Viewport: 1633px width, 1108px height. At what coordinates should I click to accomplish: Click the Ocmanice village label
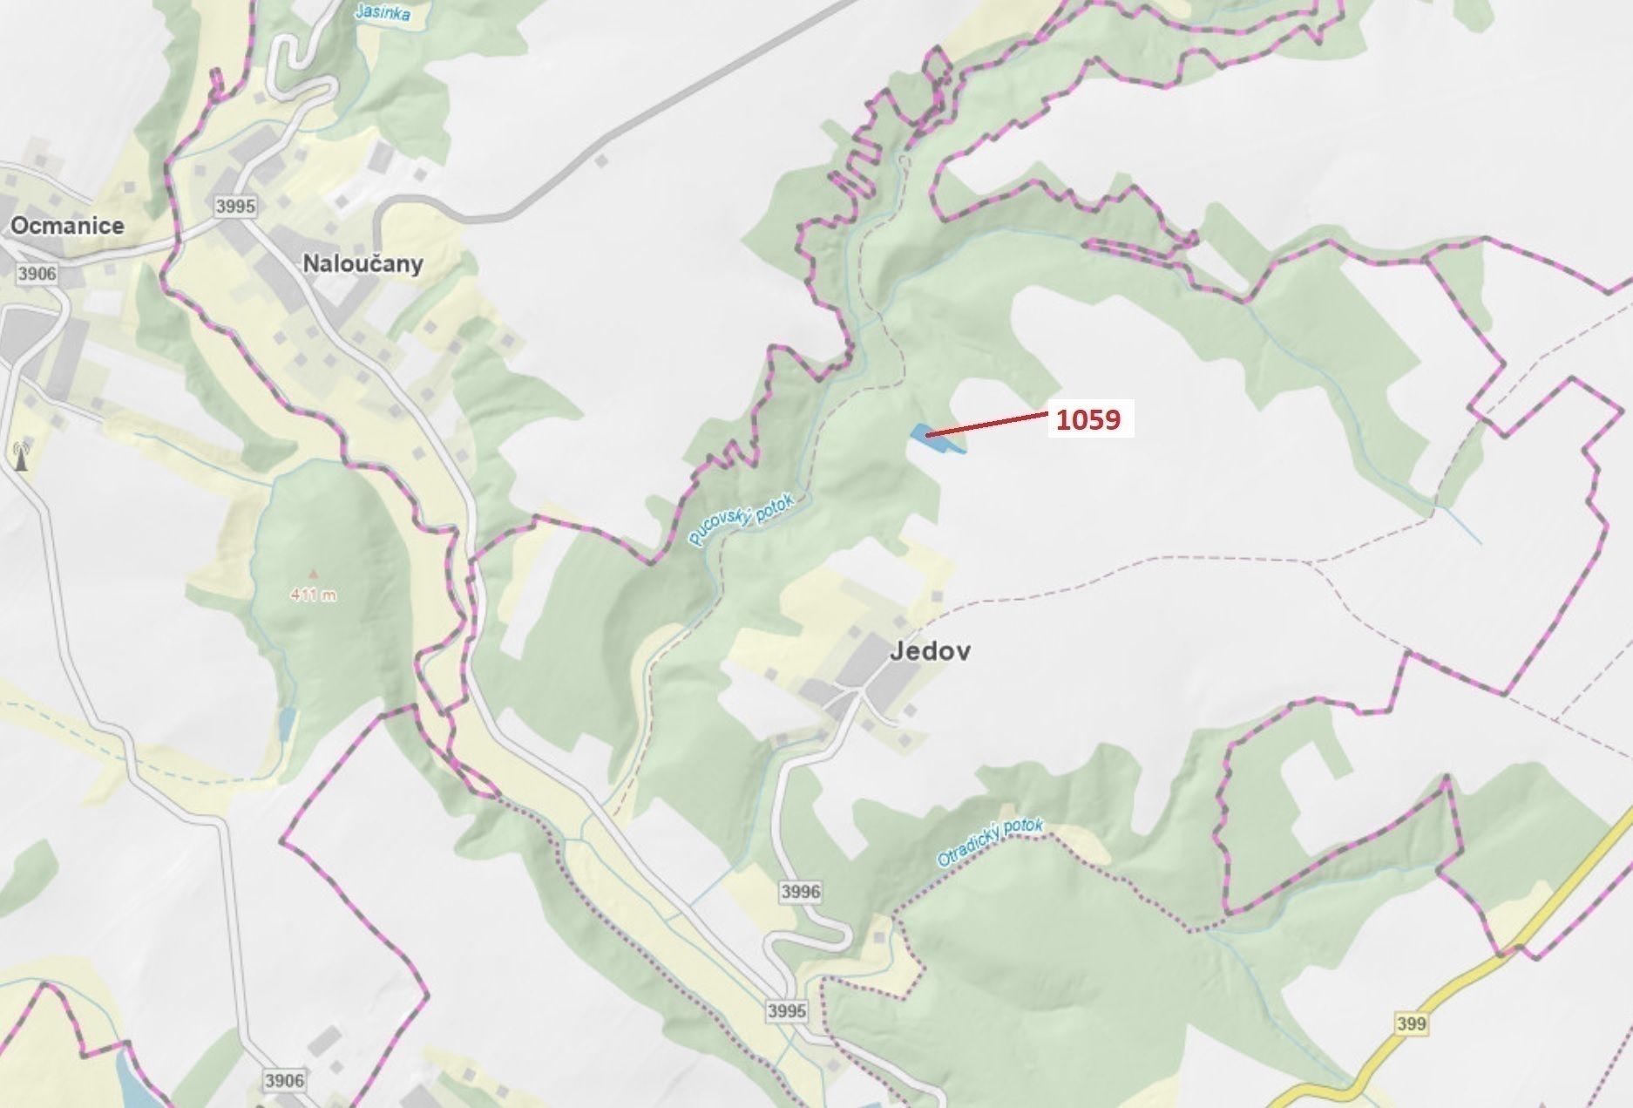click(67, 226)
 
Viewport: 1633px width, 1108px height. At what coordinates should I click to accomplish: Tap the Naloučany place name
click(363, 263)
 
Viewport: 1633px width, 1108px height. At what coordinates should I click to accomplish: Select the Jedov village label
click(930, 651)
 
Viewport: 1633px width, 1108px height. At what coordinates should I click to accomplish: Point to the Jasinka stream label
click(383, 12)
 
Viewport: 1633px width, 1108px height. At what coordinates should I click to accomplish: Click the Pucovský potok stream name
click(742, 520)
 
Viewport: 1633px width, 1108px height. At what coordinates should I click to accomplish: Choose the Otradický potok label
click(989, 841)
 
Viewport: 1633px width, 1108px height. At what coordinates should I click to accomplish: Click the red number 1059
click(1088, 419)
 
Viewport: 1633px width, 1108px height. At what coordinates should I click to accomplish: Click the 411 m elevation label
click(314, 595)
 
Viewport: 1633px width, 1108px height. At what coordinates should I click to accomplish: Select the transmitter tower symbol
click(21, 456)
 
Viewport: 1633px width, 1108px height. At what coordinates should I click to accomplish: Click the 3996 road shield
click(800, 891)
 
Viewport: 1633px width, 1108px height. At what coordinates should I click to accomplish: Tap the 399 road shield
click(1411, 1023)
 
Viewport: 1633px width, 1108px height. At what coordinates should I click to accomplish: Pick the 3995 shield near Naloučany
click(235, 206)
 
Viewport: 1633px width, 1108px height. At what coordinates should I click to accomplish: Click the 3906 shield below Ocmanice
click(37, 274)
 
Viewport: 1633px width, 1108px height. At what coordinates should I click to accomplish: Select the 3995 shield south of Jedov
click(787, 1011)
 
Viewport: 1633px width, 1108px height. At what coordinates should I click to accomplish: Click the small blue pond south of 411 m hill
click(287, 723)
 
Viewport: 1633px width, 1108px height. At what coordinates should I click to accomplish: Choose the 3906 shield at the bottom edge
click(284, 1081)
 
